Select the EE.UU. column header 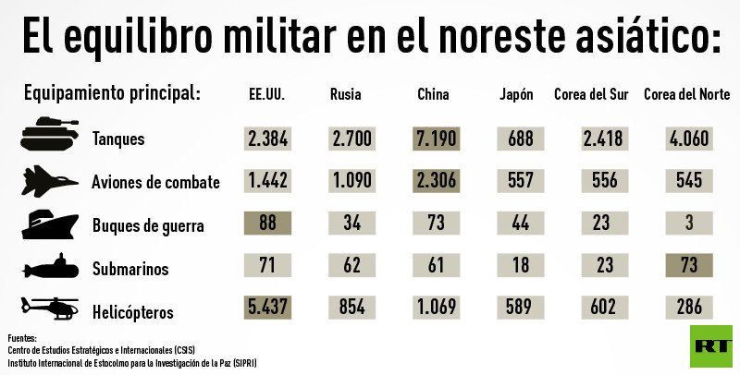pyautogui.click(x=267, y=95)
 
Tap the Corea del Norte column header pyautogui.click(x=687, y=95)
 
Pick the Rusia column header pyautogui.click(x=345, y=95)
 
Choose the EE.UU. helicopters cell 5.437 pyautogui.click(x=268, y=308)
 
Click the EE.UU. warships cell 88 pyautogui.click(x=268, y=223)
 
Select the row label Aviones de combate pyautogui.click(x=155, y=182)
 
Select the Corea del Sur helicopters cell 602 pyautogui.click(x=604, y=308)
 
